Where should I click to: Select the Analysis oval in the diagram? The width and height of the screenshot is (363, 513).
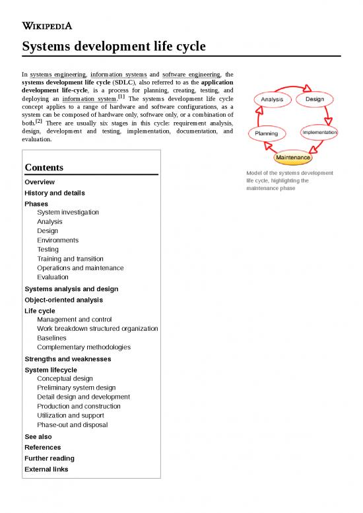[271, 100]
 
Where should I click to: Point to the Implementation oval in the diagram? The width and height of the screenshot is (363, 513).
[319, 132]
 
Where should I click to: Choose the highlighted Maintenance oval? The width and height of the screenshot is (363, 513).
[292, 158]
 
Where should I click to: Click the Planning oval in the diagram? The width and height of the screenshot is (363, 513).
[267, 133]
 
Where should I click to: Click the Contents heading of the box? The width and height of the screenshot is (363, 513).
[44, 168]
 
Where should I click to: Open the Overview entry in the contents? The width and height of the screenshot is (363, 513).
[40, 182]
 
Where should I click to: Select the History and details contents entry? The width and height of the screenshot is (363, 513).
[54, 193]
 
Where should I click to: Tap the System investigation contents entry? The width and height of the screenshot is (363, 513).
[68, 213]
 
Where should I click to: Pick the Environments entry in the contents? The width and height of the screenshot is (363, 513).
[57, 240]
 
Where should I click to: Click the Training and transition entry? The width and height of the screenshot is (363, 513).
[70, 259]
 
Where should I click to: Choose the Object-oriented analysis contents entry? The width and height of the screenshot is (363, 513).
[63, 300]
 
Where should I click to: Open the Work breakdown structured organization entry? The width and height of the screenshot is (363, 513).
[97, 329]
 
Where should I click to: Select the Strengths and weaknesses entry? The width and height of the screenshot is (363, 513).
[67, 359]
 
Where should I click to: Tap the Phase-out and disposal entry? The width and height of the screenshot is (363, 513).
[72, 425]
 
